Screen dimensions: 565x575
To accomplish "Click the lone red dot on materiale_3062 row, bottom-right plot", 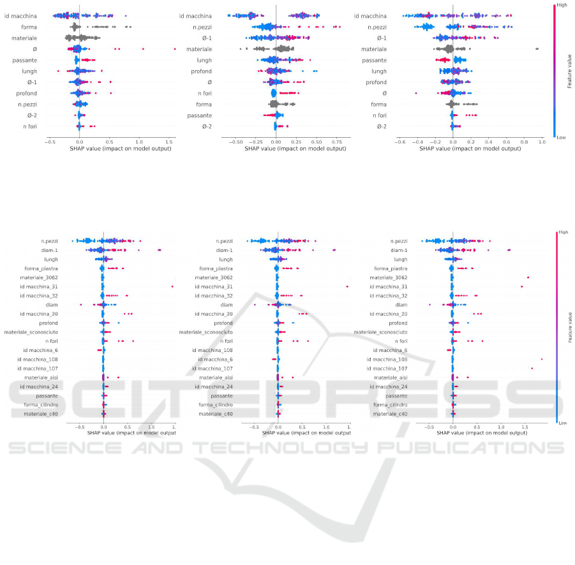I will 528,277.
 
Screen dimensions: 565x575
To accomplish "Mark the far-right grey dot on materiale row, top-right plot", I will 537,48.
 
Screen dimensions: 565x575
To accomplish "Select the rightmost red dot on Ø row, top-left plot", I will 174,48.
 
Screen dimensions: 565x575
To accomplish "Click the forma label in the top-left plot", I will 28,27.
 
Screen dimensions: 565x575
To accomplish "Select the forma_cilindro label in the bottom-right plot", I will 391,405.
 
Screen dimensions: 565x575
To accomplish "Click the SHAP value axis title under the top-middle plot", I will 276,149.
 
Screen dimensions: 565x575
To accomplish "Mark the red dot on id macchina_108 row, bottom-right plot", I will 542,360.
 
